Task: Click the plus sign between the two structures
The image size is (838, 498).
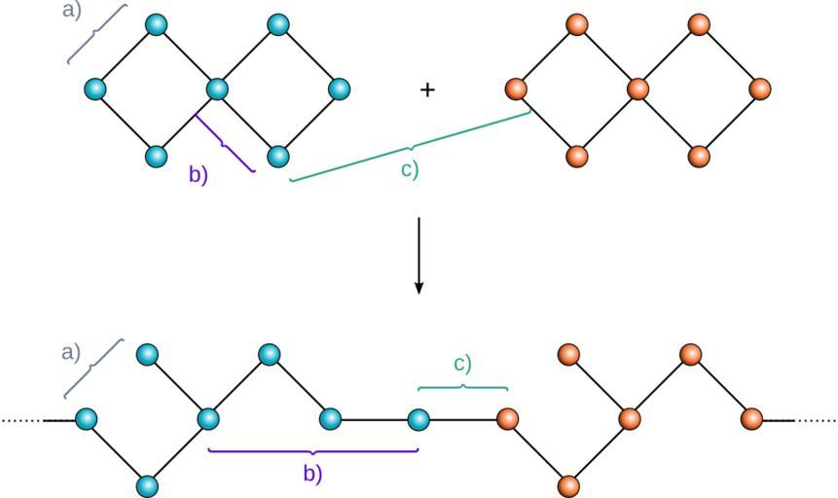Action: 427,89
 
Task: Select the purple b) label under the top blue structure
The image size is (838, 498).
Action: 199,175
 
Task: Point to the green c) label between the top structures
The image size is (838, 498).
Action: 410,168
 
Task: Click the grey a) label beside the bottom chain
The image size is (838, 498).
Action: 71,352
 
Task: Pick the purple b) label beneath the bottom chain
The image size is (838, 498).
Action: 311,475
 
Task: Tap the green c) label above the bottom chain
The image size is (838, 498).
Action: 462,364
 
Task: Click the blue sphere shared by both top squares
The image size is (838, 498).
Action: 217,89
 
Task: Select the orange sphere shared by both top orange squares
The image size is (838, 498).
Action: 638,89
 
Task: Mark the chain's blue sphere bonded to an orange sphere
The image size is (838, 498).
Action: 419,419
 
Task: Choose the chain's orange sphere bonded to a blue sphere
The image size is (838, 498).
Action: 507,419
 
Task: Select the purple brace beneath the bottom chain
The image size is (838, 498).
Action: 312,451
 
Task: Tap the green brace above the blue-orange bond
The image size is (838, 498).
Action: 462,387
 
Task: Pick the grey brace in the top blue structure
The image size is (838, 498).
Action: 98,34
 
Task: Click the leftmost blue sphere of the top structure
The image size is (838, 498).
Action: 94,89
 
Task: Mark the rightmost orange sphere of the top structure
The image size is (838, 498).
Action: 760,89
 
